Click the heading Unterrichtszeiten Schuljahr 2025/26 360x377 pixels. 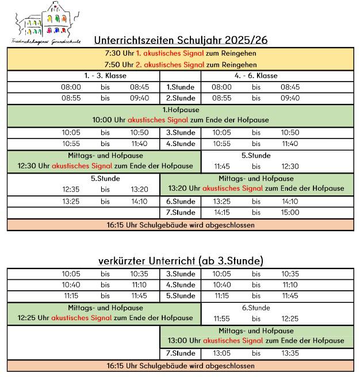(180, 40)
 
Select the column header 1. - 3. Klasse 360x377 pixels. (105, 75)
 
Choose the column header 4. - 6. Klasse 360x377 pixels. (256, 75)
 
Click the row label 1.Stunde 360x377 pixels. (181, 87)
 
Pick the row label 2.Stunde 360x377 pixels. (181, 98)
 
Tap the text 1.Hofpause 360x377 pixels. (180, 109)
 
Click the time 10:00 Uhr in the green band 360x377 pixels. (109, 120)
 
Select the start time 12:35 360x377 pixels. (71, 189)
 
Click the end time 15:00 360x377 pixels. (290, 212)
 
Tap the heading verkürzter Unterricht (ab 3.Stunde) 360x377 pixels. (181, 261)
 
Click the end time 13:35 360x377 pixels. (290, 353)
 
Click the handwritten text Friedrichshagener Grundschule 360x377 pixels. (45, 41)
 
